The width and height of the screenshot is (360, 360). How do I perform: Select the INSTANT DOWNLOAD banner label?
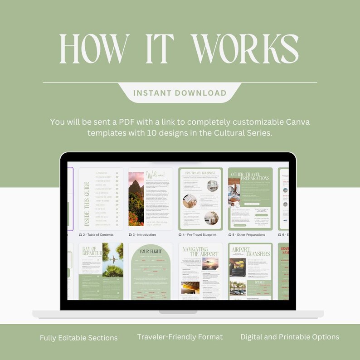tap(180, 93)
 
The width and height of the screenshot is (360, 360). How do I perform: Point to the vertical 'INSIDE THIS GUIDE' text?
tap(87, 204)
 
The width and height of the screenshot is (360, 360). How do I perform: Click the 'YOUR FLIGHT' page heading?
tap(150, 251)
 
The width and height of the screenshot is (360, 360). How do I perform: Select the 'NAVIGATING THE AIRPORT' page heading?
tap(200, 252)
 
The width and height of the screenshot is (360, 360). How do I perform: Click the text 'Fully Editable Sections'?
tap(78, 338)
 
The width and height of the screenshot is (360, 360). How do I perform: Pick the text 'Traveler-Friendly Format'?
tap(180, 337)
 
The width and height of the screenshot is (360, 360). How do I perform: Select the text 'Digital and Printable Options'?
tap(290, 337)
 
